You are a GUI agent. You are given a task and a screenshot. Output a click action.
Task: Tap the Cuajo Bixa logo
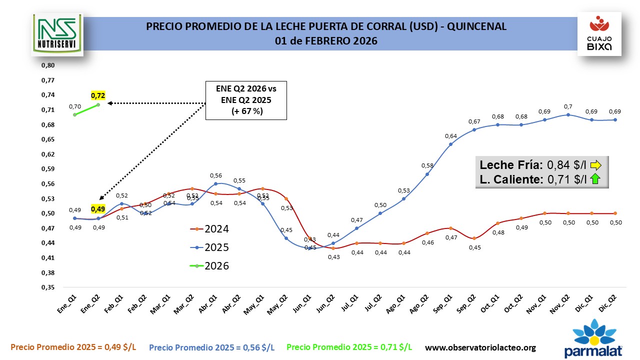point(599,34)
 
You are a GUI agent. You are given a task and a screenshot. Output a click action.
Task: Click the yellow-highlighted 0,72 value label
point(98,95)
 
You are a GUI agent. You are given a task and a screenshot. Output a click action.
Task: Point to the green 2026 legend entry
point(210,266)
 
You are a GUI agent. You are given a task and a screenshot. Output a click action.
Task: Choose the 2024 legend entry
point(210,229)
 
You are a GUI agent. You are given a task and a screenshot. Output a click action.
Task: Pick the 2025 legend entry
point(210,247)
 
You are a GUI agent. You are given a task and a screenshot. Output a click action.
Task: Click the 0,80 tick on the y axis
point(47,65)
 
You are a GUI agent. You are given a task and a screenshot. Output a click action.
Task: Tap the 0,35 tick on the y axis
point(47,287)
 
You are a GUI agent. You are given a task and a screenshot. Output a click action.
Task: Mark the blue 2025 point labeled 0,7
point(568,114)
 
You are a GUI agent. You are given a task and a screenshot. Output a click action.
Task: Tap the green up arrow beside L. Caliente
point(595,179)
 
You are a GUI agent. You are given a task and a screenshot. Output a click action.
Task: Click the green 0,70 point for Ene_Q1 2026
point(74,114)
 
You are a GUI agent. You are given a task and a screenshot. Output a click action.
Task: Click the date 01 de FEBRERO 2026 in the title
point(326,40)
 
